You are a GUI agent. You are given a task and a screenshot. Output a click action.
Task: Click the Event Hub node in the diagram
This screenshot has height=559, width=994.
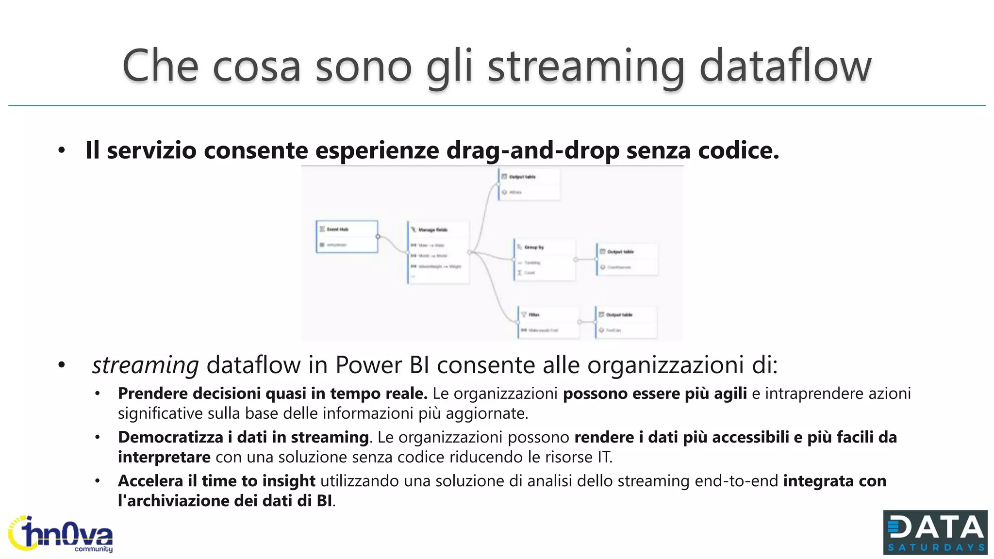(347, 237)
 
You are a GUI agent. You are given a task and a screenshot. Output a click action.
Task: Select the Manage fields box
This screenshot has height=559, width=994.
(438, 252)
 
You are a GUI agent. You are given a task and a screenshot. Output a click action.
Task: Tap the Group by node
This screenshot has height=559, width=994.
(545, 260)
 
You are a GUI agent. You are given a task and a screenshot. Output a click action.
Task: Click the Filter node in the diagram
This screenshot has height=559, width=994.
(548, 322)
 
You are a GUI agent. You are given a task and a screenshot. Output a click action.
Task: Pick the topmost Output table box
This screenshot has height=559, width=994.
(529, 184)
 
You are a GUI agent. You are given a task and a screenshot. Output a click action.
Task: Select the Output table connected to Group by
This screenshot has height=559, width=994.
(627, 259)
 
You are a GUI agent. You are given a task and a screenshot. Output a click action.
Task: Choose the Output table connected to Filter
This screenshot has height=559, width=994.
(626, 322)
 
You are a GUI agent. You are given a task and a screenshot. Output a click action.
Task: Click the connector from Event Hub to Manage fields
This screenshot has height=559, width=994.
(392, 244)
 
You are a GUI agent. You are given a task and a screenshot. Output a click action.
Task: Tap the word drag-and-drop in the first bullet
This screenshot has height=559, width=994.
(532, 150)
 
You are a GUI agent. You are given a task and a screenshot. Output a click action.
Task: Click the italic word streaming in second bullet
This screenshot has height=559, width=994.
(145, 365)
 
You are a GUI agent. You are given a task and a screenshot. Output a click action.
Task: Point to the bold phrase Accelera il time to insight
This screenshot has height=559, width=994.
(216, 481)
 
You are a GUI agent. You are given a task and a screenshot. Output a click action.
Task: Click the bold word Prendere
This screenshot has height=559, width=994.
(152, 394)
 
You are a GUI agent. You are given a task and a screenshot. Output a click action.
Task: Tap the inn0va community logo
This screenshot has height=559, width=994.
(60, 534)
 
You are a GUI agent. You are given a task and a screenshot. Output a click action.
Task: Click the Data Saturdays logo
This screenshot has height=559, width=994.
(935, 532)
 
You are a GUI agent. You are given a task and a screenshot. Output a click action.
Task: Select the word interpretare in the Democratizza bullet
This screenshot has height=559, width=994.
(164, 457)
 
